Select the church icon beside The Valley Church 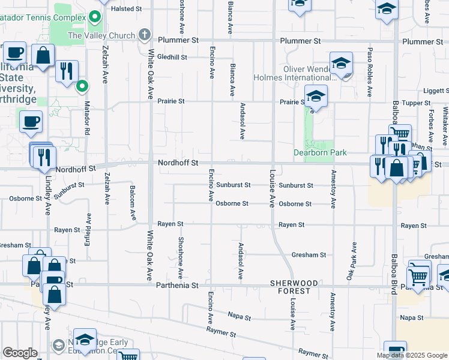[145, 35]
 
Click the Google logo [20, 353]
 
